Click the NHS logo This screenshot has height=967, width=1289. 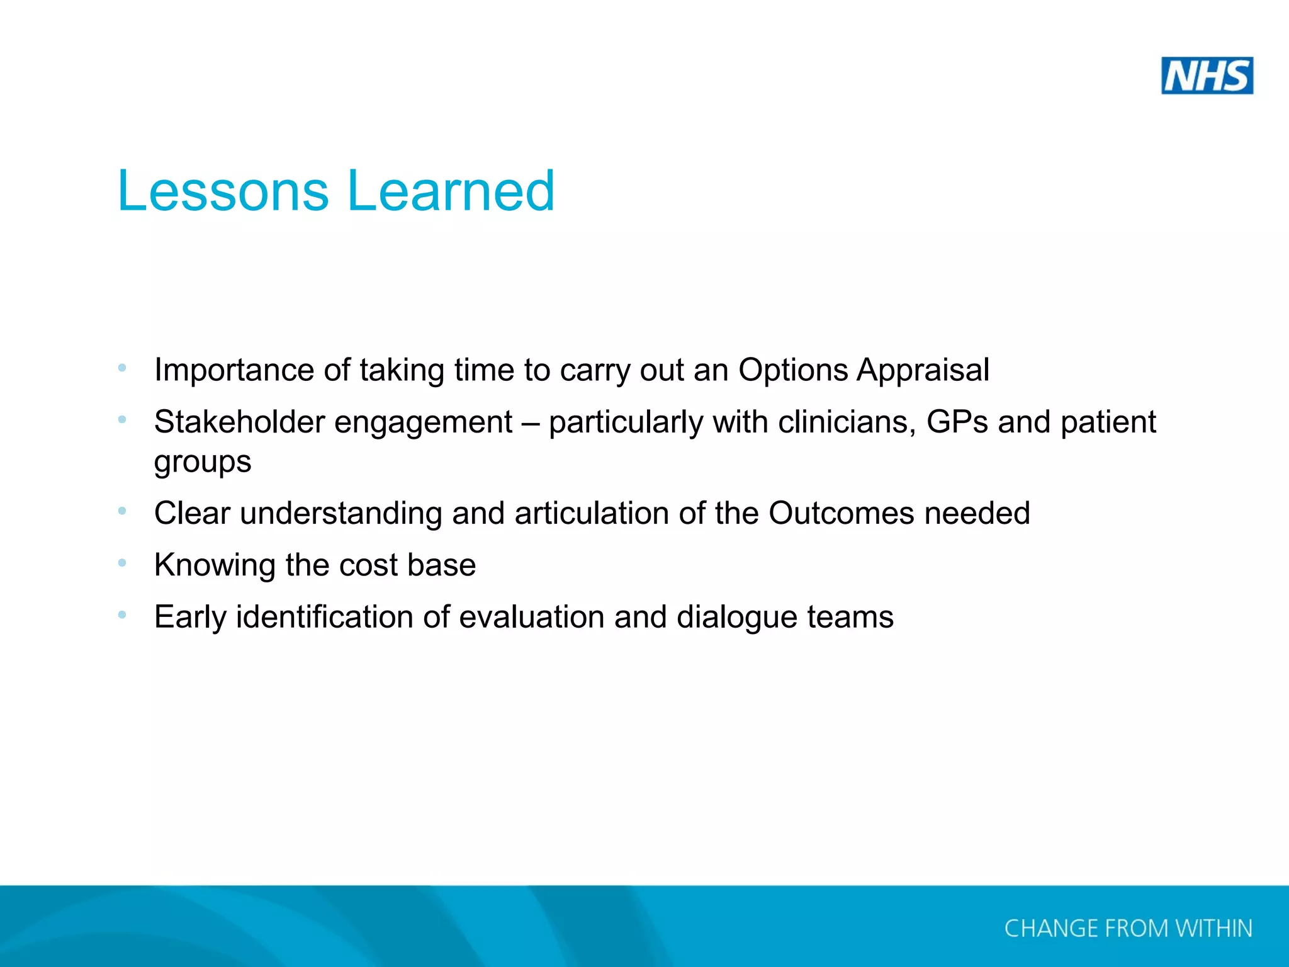[1207, 76]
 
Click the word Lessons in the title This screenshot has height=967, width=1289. [223, 191]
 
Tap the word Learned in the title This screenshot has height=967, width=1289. [451, 191]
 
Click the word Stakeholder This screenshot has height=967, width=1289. [239, 422]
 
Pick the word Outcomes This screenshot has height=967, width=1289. [841, 513]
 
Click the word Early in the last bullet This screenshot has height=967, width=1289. [190, 617]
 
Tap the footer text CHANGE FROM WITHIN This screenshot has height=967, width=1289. [1128, 929]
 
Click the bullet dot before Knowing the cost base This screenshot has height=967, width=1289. [122, 562]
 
